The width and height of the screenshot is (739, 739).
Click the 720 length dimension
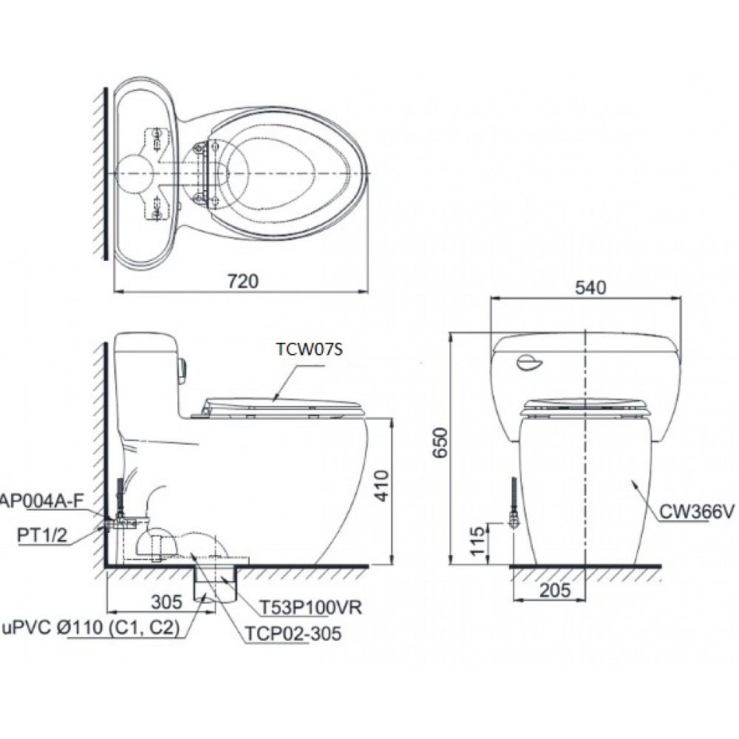[242, 282]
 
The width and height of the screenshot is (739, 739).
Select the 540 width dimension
[590, 287]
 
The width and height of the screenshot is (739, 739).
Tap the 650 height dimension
[440, 443]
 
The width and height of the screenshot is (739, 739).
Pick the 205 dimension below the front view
[555, 590]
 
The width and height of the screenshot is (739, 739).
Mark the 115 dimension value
[477, 541]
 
